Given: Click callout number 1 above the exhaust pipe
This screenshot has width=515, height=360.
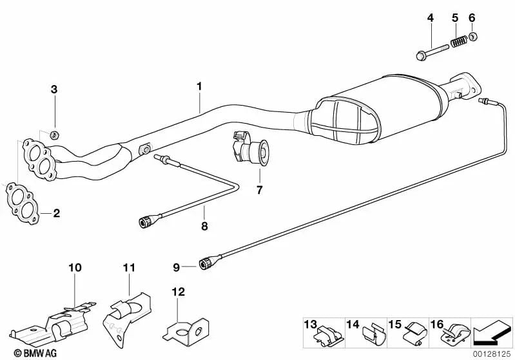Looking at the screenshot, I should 200,86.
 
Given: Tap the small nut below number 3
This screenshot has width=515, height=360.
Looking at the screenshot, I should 55,135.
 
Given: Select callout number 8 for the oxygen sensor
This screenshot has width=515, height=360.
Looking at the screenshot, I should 204,225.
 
